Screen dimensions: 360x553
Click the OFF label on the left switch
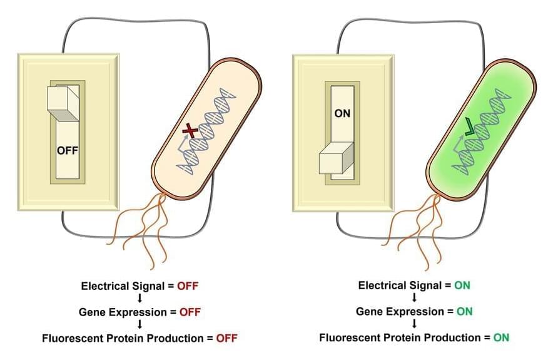[67, 150]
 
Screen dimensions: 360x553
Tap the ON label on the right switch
[342, 114]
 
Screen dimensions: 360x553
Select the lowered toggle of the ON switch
[337, 159]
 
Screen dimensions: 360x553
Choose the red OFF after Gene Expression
[190, 311]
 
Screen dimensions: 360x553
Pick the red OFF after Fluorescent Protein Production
[226, 338]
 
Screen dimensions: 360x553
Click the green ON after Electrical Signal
[462, 285]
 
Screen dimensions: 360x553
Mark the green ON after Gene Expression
[465, 311]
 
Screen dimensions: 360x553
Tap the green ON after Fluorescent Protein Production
[501, 338]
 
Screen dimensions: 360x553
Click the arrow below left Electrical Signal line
[140, 299]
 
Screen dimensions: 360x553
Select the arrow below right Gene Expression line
[414, 324]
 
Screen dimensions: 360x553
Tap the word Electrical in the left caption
[104, 286]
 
